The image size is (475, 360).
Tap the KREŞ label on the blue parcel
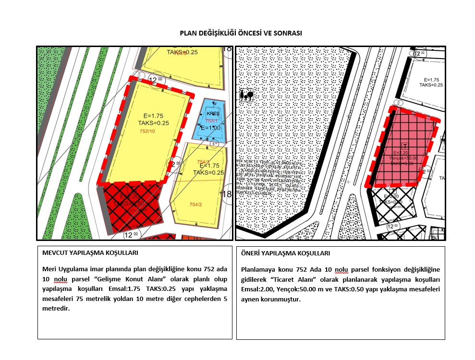[212, 113]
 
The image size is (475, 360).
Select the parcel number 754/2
[195, 204]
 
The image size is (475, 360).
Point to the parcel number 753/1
[212, 121]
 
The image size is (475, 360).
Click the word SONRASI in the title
[288, 33]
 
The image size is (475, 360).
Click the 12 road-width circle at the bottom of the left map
[130, 235]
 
